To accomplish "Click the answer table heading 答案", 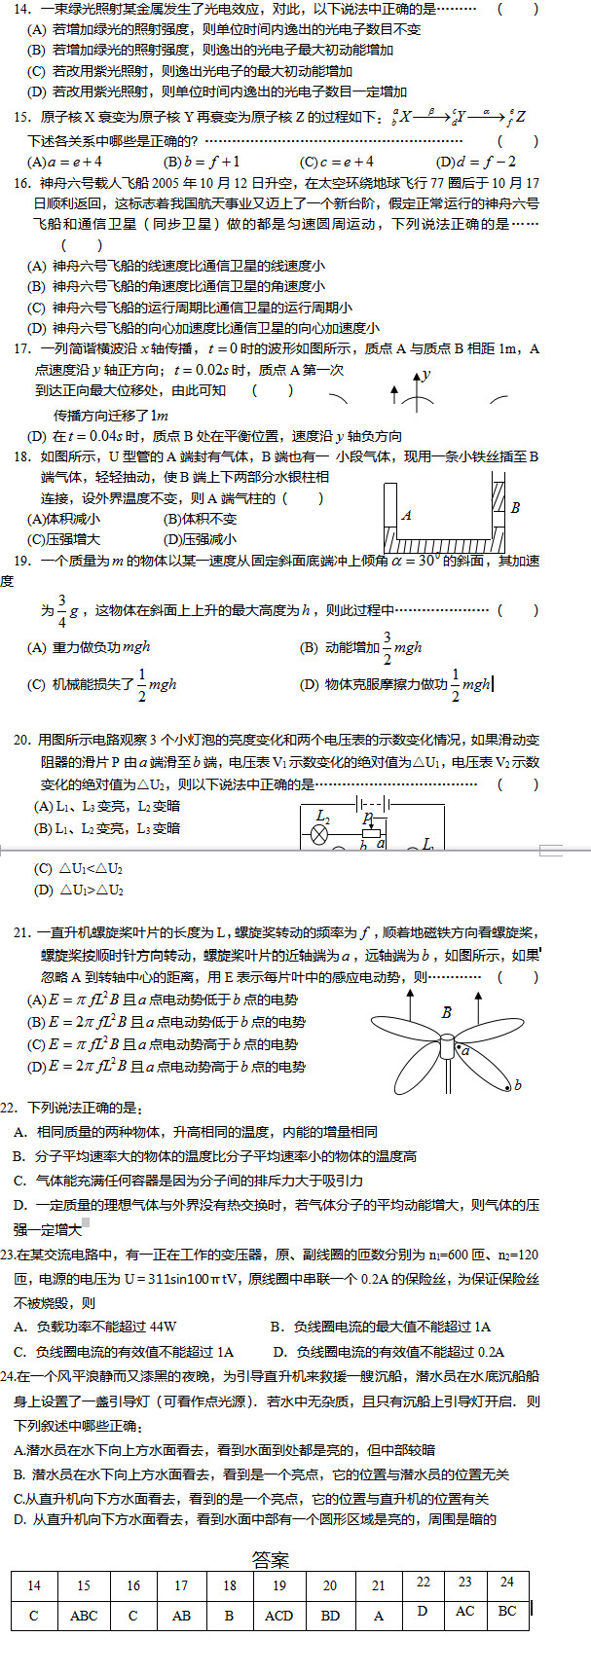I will [x=271, y=1559].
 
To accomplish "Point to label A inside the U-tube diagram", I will [x=406, y=516].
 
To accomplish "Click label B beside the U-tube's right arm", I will [x=515, y=507].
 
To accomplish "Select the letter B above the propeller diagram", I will [x=446, y=1012].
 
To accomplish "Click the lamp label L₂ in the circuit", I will [x=324, y=816].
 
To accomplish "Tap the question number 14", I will [x=22, y=9].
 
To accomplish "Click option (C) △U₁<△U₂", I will [x=78, y=868].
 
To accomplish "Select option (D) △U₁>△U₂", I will [x=78, y=890].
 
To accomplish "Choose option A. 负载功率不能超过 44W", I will [x=95, y=1327].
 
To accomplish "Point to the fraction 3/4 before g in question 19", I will [x=61, y=609].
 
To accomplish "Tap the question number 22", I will [x=10, y=1108].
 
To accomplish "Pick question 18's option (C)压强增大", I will [x=63, y=539].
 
